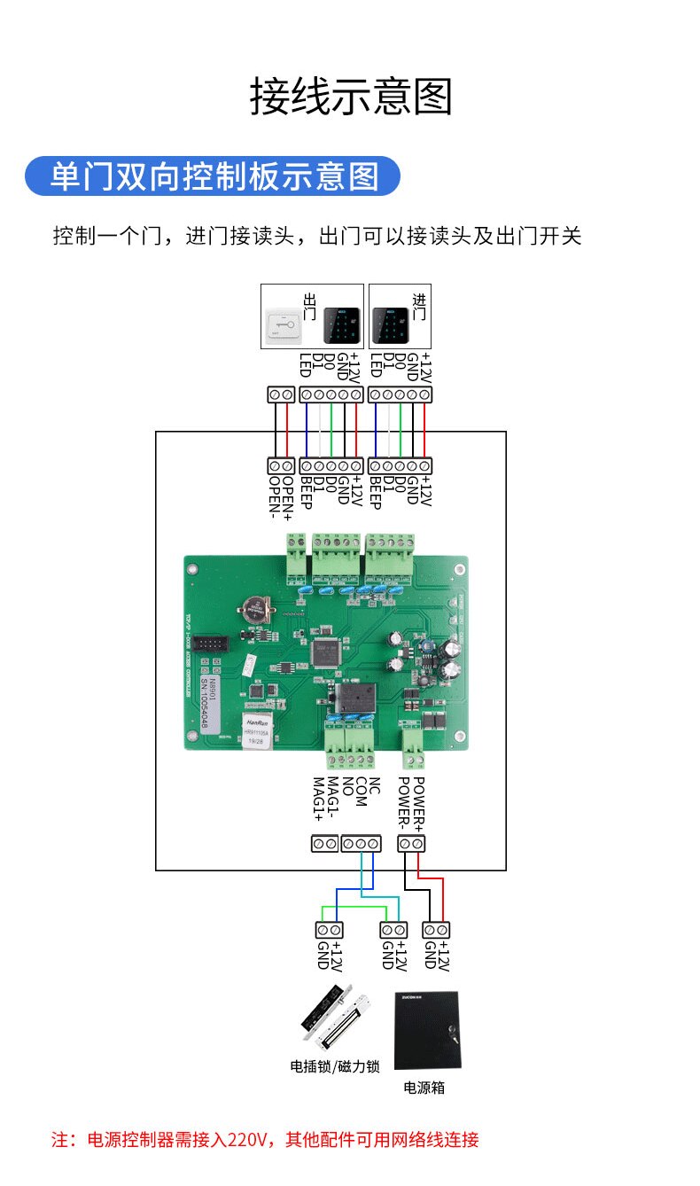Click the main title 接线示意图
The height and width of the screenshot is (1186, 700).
(351, 97)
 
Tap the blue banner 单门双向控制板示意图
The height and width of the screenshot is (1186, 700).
(213, 176)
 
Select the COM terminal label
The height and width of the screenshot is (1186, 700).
(361, 792)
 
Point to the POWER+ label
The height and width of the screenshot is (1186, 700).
(418, 800)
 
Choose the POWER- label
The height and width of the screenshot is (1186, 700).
(405, 800)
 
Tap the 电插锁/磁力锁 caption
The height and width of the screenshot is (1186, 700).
(335, 1065)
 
